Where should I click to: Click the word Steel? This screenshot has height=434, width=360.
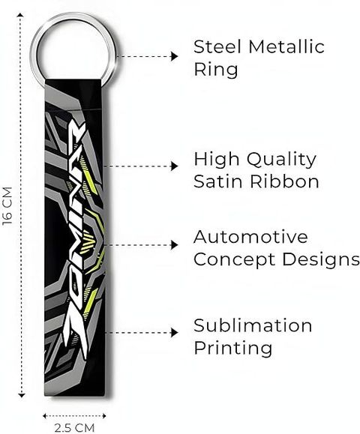click(x=217, y=46)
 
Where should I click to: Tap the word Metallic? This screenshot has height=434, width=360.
click(x=286, y=46)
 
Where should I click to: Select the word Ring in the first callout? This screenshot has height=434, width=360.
click(x=216, y=70)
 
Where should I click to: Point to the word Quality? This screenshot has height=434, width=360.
click(x=281, y=160)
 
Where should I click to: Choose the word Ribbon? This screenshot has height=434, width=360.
click(x=284, y=181)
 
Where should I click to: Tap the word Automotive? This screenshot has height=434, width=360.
click(x=250, y=237)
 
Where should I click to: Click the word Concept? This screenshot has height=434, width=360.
click(x=234, y=260)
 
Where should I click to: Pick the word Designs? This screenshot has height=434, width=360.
click(x=321, y=260)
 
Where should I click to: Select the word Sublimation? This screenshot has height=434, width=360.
click(x=253, y=325)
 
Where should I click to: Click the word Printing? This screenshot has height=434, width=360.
click(x=233, y=349)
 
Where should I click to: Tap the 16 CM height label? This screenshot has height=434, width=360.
click(x=7, y=205)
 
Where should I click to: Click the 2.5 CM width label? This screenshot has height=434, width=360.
click(x=74, y=428)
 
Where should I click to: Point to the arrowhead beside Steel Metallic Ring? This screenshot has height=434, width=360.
click(x=174, y=56)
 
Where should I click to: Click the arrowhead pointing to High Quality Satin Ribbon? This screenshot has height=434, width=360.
click(x=174, y=166)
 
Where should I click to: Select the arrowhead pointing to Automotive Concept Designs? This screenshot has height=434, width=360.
click(x=174, y=245)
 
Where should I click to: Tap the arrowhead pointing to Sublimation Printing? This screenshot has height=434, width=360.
click(x=174, y=332)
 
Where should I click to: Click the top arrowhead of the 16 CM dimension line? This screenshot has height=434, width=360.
click(x=20, y=14)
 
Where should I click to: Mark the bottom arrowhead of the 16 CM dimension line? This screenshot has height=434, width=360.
click(x=21, y=395)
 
